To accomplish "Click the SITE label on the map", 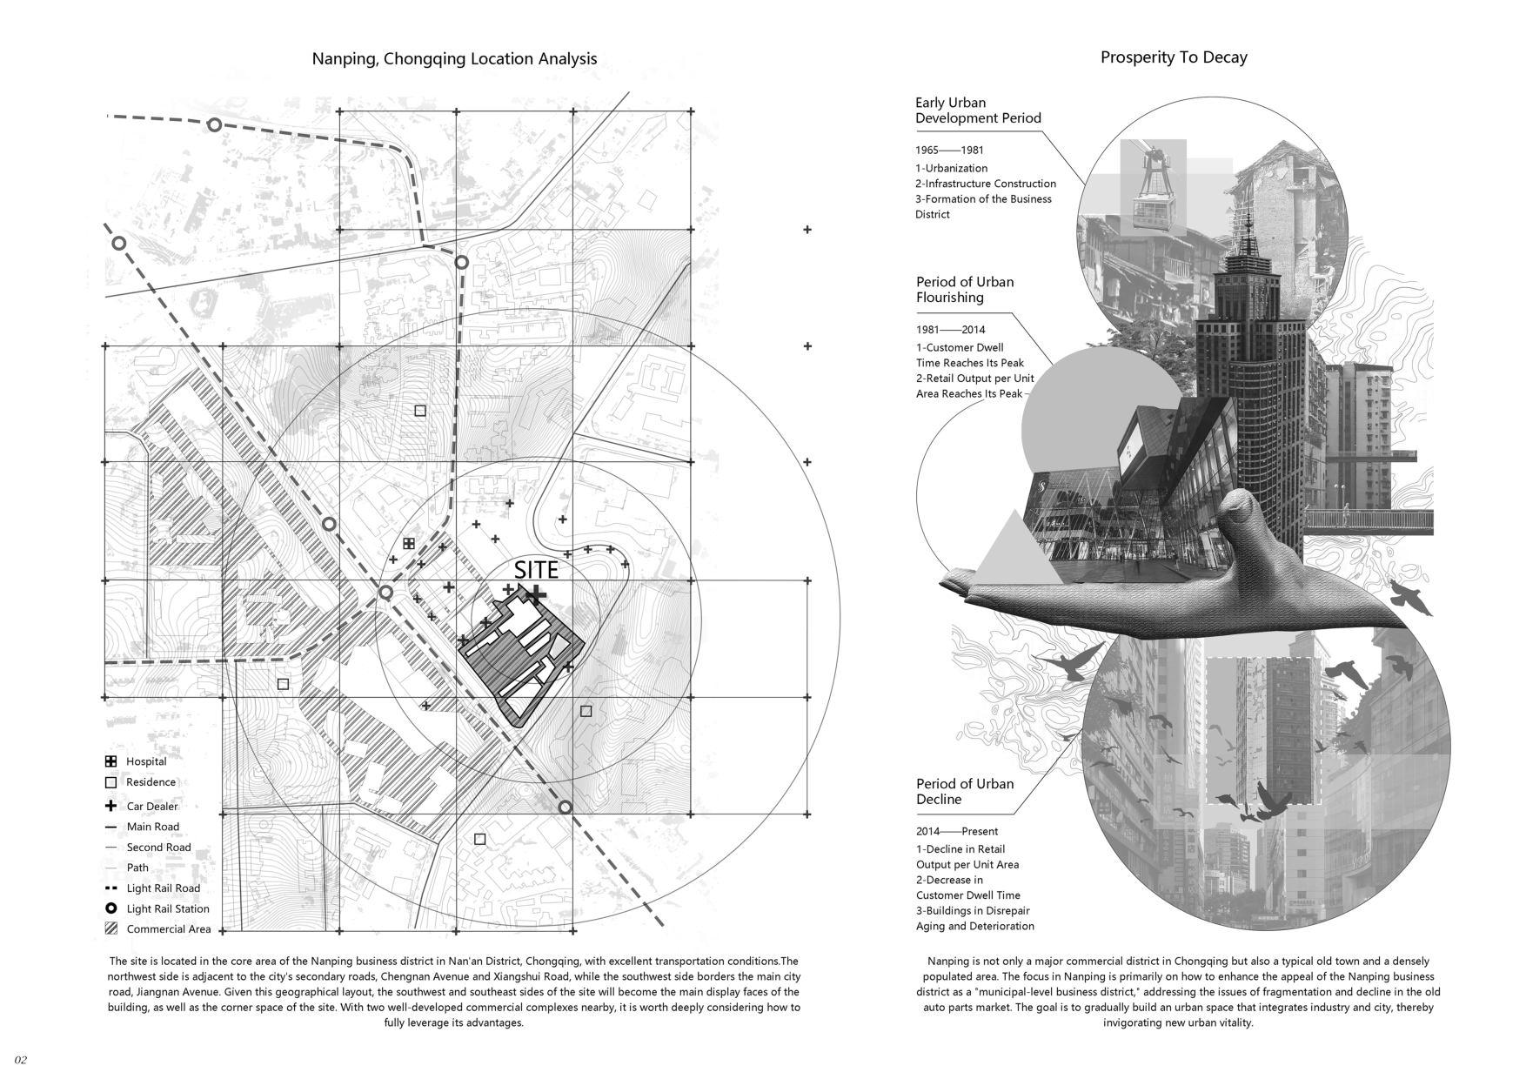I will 536,571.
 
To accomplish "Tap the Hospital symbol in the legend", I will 110,761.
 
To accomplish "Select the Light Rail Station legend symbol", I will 110,908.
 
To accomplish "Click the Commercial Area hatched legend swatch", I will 110,928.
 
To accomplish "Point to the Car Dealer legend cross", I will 110,806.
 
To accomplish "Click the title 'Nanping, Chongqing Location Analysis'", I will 454,59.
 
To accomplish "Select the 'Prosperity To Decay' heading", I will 1174,57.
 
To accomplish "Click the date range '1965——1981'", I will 949,151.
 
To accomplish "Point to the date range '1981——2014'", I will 950,330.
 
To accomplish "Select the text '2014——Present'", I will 956,831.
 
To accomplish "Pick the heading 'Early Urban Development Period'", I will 977,111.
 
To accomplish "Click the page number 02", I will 21,1059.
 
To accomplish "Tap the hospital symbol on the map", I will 409,544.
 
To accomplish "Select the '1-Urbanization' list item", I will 951,168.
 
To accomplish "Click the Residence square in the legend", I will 110,782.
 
